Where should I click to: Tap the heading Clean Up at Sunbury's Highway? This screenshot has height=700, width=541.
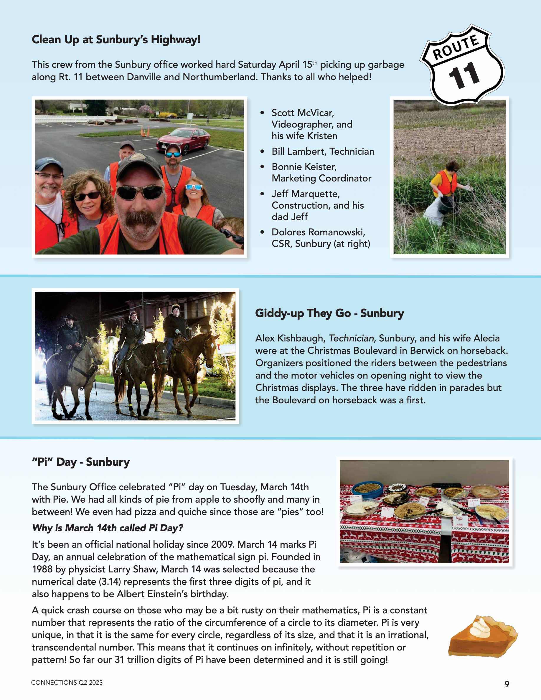116,40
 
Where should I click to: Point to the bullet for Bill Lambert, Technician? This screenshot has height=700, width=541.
262,151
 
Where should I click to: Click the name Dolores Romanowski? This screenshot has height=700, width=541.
318,232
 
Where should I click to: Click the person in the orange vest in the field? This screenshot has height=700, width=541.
446,186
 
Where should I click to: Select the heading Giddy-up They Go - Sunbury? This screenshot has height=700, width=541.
329,313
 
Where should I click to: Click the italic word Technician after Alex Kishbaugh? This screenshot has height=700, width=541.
351,338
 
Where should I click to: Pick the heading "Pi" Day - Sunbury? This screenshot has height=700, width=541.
81,462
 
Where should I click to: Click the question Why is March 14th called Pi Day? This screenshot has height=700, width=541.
107,528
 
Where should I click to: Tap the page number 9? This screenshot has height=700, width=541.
507,684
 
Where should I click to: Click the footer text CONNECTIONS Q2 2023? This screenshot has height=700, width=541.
67,682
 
